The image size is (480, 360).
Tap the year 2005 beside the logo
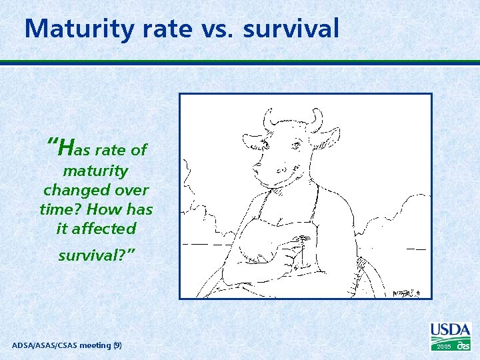(443, 347)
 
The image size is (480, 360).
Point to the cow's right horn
(315, 120)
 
